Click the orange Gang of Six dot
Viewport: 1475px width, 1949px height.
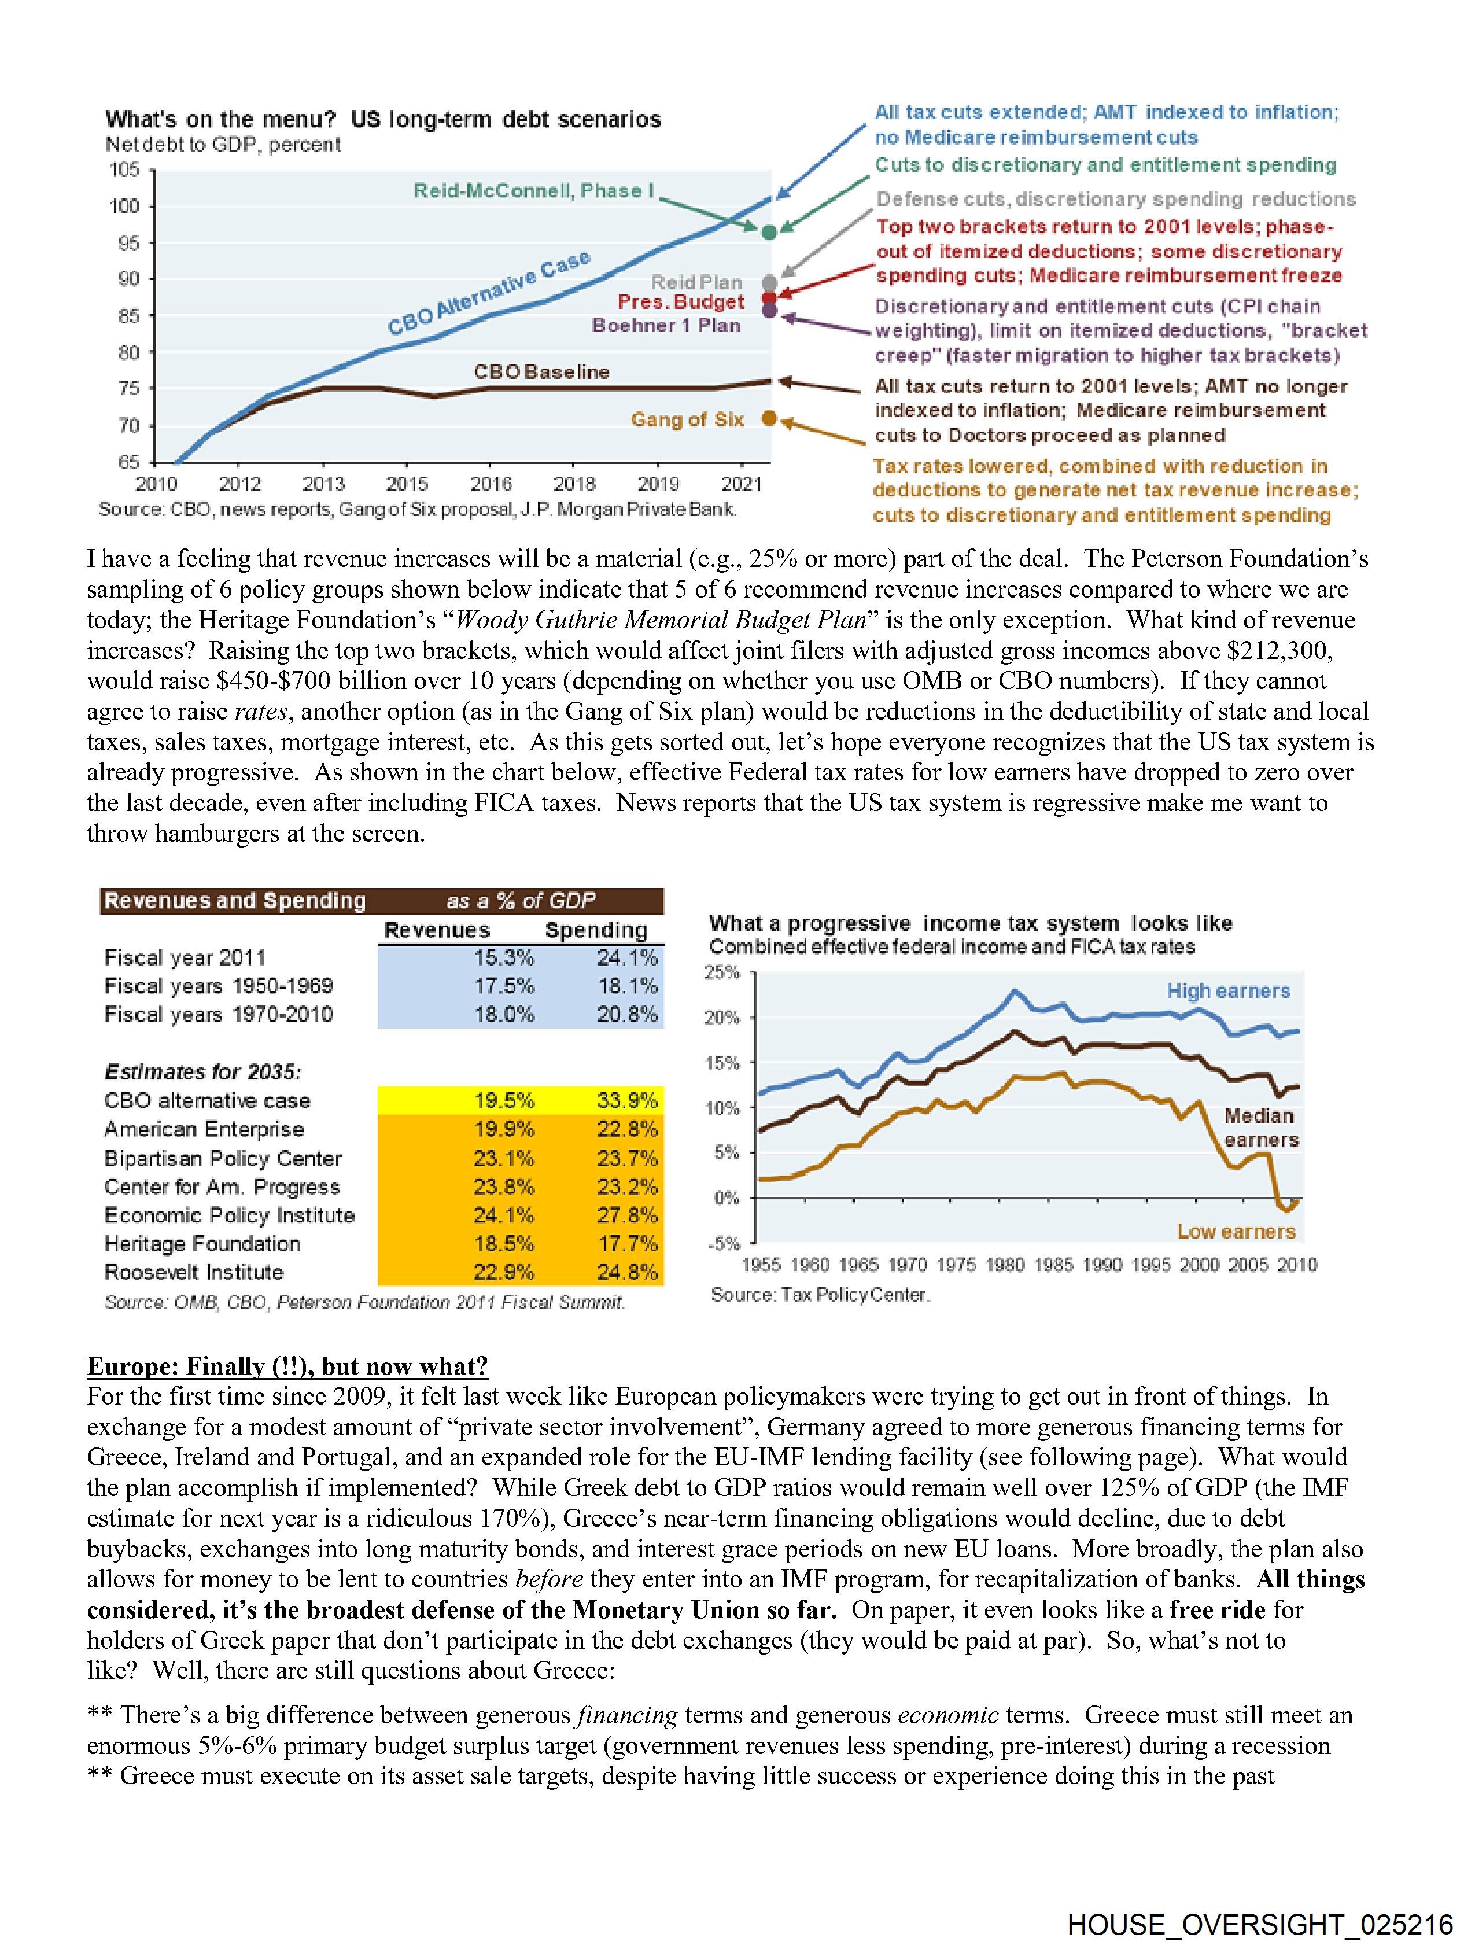(x=768, y=418)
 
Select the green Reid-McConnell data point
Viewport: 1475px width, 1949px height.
(x=768, y=232)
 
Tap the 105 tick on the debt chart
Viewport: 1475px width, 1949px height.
(x=124, y=169)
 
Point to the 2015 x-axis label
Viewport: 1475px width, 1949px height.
(x=407, y=484)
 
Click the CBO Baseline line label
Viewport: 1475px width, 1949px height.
(x=541, y=372)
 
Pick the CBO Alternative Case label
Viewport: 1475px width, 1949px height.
(x=488, y=293)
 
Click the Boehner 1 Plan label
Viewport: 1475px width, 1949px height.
(x=666, y=325)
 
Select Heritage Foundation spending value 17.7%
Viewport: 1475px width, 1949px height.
(x=628, y=1243)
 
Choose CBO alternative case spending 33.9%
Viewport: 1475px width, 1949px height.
(x=628, y=1100)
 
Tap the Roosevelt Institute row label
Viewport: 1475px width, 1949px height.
(x=194, y=1272)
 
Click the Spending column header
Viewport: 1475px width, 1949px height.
(x=596, y=930)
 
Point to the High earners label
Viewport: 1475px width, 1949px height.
(x=1228, y=990)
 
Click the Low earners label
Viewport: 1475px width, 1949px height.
(x=1236, y=1231)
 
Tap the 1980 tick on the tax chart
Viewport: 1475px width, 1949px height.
(x=1005, y=1265)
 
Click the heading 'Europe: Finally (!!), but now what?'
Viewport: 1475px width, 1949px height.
(x=287, y=1366)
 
